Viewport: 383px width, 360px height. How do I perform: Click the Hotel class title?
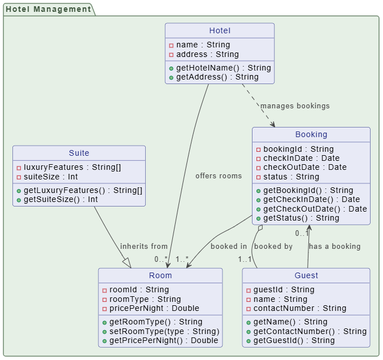[220, 30]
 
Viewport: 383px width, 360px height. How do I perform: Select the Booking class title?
[311, 134]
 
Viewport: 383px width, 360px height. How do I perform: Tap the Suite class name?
[79, 153]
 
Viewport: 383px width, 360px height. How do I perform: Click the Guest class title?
[306, 275]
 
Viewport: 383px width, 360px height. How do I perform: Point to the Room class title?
[160, 275]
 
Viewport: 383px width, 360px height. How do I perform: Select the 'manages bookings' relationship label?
[294, 106]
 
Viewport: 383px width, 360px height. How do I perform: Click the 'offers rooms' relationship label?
[218, 175]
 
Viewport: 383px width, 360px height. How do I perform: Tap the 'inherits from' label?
[143, 246]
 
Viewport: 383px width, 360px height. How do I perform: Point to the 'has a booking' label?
[334, 246]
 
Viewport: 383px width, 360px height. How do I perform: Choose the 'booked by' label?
[273, 246]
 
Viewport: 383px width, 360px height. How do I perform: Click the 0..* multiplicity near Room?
[161, 260]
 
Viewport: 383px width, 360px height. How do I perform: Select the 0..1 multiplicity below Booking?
[302, 233]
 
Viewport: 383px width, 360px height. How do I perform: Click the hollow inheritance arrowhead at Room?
[127, 262]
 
